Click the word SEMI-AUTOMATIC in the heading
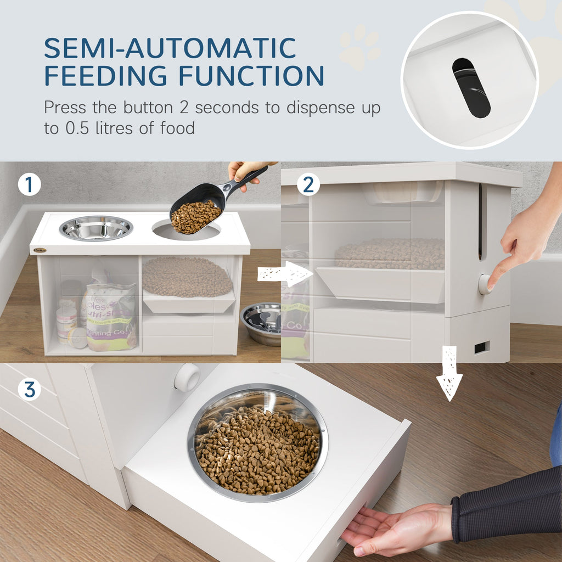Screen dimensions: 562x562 coord(170,48)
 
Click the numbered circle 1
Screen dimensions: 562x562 coord(29,185)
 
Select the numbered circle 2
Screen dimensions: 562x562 coord(308,185)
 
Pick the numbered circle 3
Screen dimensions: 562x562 coord(29,390)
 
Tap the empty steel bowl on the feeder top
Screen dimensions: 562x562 coord(96,228)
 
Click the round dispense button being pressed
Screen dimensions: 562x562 coord(485,284)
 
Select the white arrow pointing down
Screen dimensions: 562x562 coord(449,373)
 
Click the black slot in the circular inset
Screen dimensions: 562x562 coord(471,88)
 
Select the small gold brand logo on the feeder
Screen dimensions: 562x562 coord(40,250)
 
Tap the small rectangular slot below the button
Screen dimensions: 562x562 coord(482,347)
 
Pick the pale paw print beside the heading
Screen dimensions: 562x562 coord(359,47)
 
